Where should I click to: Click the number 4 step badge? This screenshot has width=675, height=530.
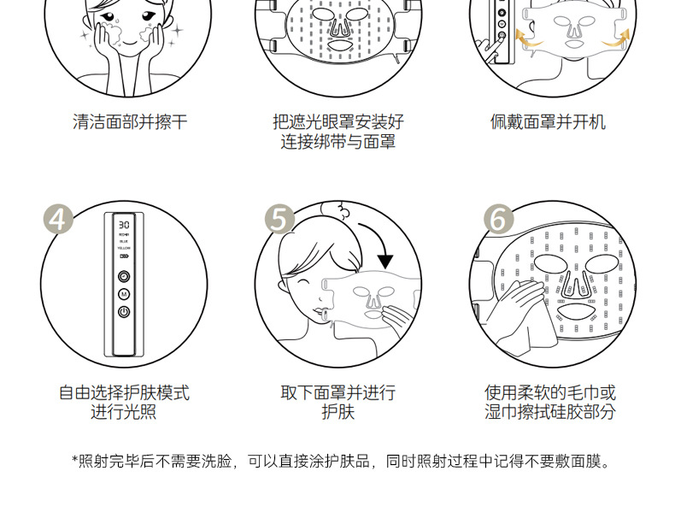57,219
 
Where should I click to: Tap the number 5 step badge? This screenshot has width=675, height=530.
279,219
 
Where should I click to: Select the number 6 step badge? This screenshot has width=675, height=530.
499,219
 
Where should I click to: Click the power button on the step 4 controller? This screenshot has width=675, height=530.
125,312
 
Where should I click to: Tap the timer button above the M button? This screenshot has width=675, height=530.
125,276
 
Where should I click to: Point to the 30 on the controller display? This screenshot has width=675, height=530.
125,225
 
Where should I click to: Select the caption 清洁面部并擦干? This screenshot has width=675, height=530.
129,122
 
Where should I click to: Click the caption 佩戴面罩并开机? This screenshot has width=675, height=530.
548,122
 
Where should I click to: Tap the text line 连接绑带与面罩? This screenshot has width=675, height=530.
338,143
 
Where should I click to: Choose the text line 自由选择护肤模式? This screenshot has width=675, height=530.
124,393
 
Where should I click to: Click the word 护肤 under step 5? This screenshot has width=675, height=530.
338,413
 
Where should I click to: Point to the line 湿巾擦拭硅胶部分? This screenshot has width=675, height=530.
550,413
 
